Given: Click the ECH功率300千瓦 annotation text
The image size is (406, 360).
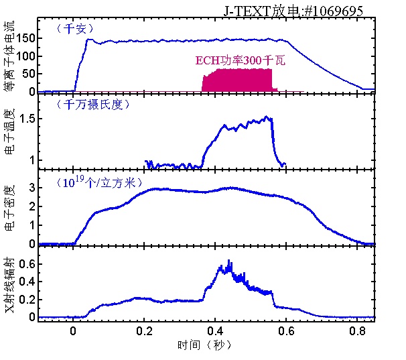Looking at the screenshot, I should pyautogui.click(x=241, y=60).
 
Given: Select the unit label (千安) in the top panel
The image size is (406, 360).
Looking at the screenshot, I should pyautogui.click(x=74, y=28).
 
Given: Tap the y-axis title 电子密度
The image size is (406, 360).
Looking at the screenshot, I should pyautogui.click(x=13, y=211).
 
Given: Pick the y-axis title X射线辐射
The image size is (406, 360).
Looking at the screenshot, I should pyautogui.click(x=13, y=286).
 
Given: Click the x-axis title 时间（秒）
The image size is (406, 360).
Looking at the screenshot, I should pyautogui.click(x=205, y=344).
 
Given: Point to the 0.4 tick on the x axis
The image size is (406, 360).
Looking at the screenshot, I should pyautogui.click(x=216, y=331).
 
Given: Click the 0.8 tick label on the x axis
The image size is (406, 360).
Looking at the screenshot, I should pyautogui.click(x=358, y=331).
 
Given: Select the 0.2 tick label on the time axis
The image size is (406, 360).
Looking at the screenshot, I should pyautogui.click(x=144, y=331).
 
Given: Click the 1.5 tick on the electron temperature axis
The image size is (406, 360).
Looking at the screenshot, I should pyautogui.click(x=26, y=119).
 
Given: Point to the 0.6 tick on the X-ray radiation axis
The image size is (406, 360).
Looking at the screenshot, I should pyautogui.click(x=26, y=264).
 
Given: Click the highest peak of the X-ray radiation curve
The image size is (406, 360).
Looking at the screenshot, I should pyautogui.click(x=230, y=261).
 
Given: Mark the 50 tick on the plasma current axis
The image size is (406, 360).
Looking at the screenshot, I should pyautogui.click(x=29, y=74).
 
